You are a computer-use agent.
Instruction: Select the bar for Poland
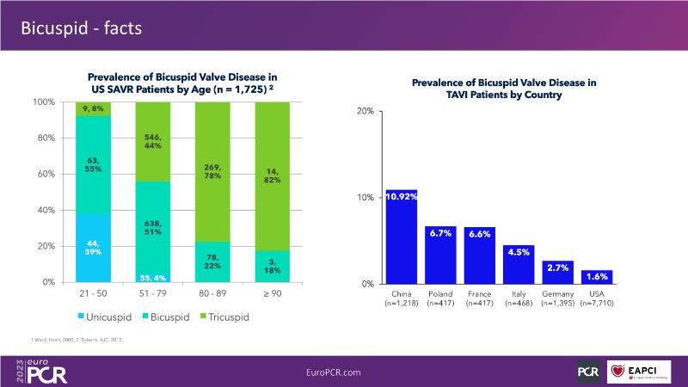click(x=440, y=255)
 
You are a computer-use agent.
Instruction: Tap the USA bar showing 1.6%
click(x=597, y=276)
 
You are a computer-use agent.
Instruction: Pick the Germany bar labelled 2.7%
click(x=557, y=272)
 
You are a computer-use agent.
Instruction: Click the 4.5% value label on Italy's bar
click(x=519, y=253)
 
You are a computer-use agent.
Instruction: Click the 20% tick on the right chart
click(x=365, y=112)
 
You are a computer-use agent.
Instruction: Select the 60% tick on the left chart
click(x=44, y=174)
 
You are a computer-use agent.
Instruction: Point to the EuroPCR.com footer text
click(x=343, y=371)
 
